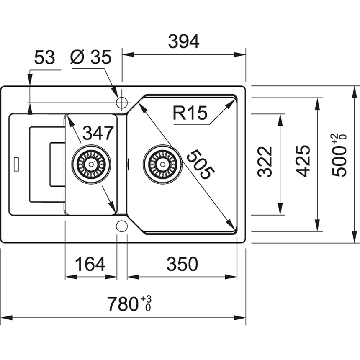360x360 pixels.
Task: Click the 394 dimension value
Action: (183, 42)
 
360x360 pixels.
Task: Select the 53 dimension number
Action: (44, 58)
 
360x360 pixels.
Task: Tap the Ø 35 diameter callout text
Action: (91, 58)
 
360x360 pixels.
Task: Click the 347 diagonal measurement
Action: (98, 133)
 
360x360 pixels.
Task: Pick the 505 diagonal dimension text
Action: (200, 165)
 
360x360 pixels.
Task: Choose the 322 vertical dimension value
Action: (265, 162)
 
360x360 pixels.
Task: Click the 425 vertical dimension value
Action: (302, 161)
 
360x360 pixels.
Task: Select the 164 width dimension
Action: (90, 264)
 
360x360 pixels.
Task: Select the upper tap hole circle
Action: (122, 102)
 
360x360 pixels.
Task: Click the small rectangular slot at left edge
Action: (17, 164)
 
